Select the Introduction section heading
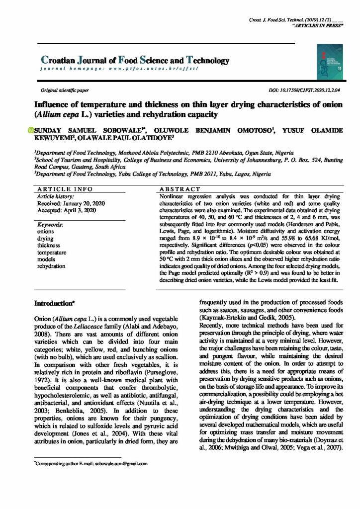pyautogui.click(x=54, y=302)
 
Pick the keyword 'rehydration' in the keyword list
pyautogui.click(x=52, y=266)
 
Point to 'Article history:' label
pyautogui.click(x=56, y=197)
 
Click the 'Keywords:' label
pyautogui.click(x=53, y=225)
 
